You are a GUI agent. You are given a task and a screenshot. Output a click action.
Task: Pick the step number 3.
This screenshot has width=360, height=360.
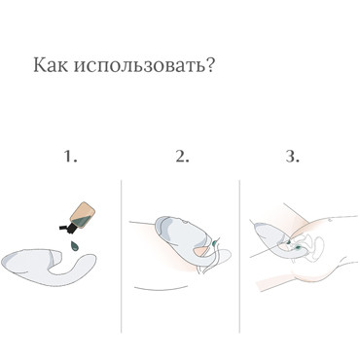tap(290, 155)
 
